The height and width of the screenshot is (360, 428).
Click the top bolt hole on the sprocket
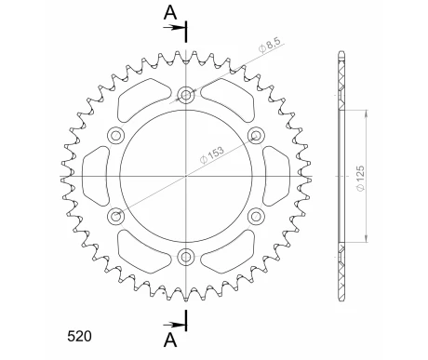pos(186,94)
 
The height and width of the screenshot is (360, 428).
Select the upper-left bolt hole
pos(116,135)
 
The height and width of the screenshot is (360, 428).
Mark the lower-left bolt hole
pos(116,216)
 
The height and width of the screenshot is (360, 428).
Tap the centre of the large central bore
pos(186,175)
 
